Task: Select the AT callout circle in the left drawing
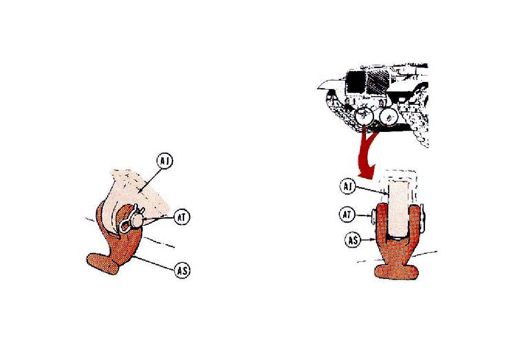pyautogui.click(x=182, y=217)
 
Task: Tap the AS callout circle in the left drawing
pyautogui.click(x=182, y=271)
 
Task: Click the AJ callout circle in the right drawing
pyautogui.click(x=348, y=186)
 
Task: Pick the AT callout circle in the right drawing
pyautogui.click(x=346, y=215)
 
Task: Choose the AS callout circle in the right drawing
pyautogui.click(x=353, y=240)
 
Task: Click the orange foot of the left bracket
pyautogui.click(x=102, y=263)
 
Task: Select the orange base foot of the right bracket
pyautogui.click(x=396, y=272)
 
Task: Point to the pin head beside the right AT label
pyautogui.click(x=374, y=215)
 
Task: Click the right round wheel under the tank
pyautogui.click(x=388, y=116)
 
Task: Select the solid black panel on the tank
pyautogui.click(x=356, y=81)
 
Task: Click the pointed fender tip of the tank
pyautogui.click(x=318, y=88)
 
